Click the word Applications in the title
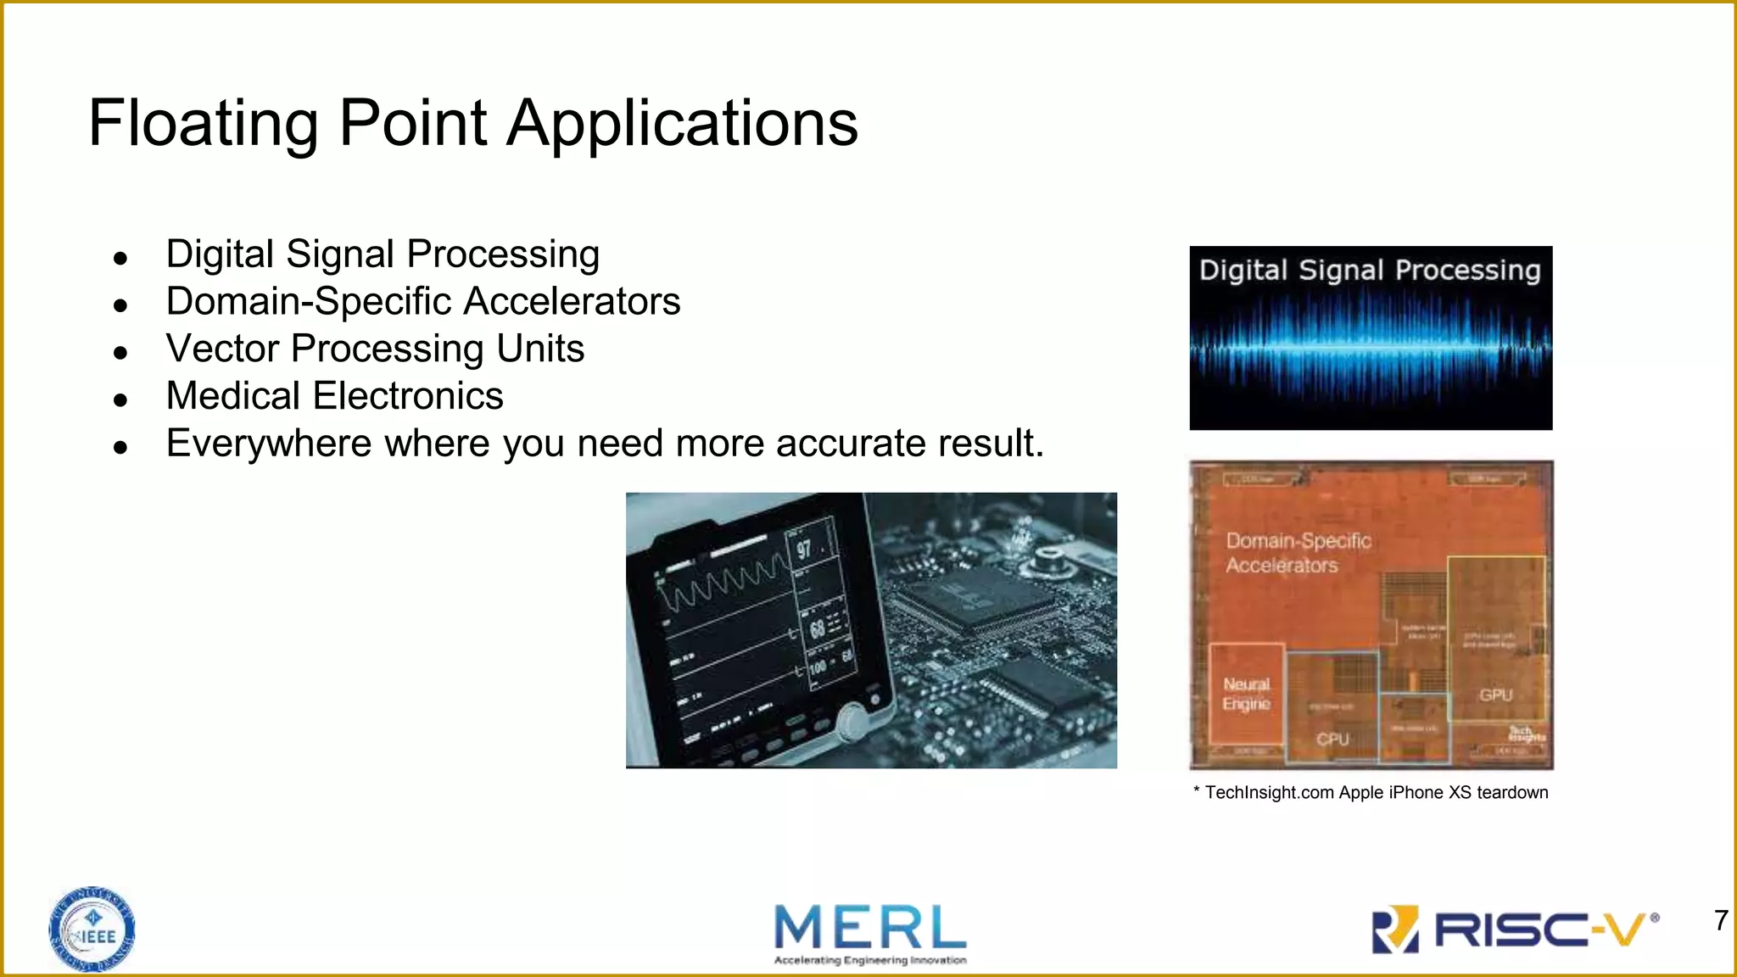683,124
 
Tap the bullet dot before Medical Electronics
120,399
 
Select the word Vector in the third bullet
222,349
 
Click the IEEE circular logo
92,930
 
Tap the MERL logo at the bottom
870,933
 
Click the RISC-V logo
1515,930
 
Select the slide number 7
1721,920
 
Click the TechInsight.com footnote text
1371,792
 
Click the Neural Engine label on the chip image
1246,694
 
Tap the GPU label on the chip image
1496,695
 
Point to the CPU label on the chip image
1332,739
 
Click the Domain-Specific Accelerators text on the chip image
1298,553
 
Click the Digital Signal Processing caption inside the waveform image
1370,271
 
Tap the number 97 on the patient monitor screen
804,549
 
